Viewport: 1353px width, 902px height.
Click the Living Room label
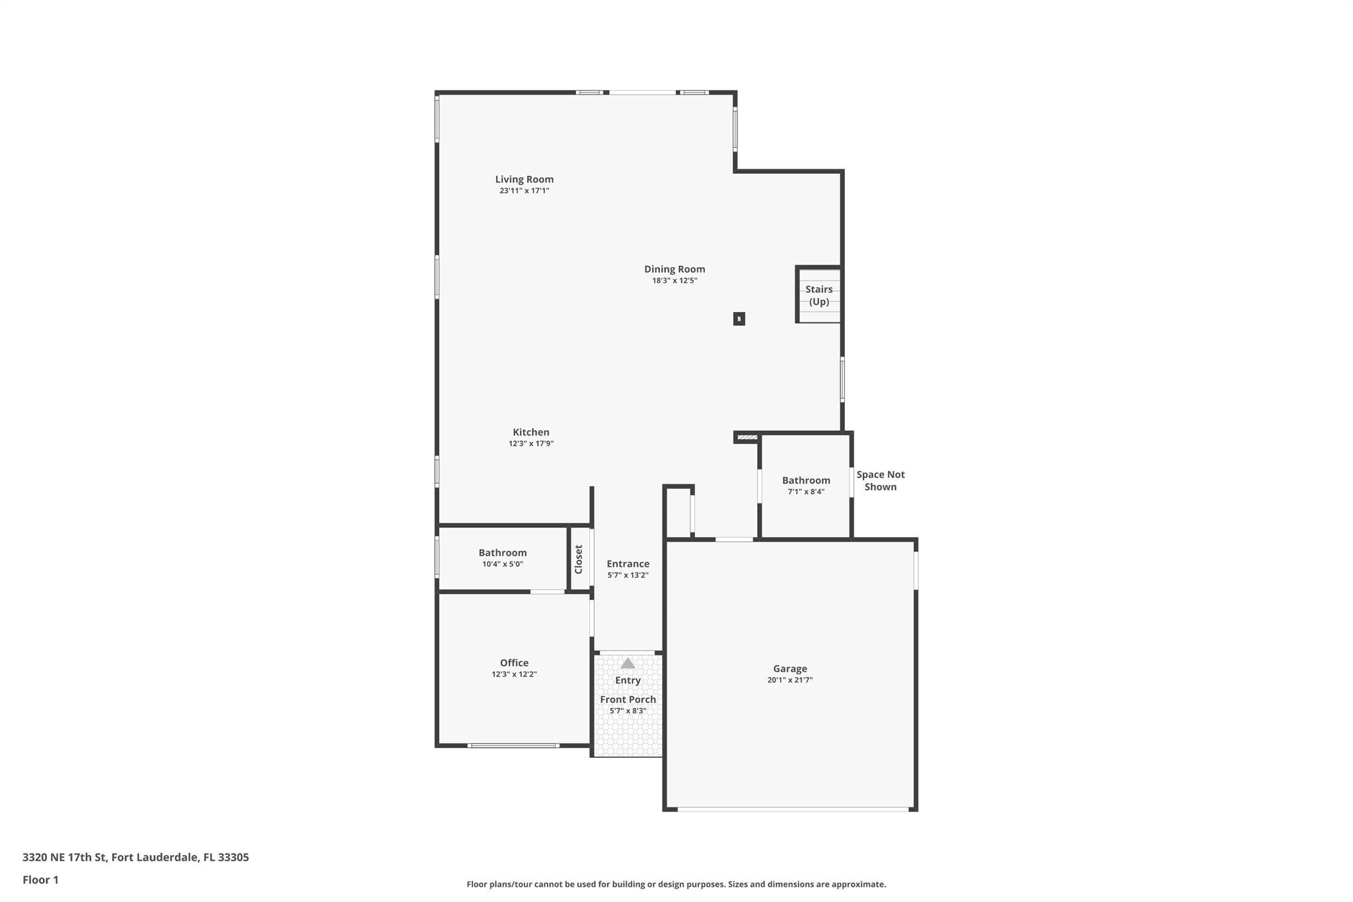click(525, 179)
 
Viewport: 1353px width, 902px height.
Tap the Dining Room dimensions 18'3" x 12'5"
click(675, 280)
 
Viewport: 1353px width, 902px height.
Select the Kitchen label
click(531, 432)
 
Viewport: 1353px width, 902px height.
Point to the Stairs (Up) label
click(819, 295)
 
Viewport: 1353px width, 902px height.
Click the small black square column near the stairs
click(739, 319)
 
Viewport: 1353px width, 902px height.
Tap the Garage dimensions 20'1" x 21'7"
click(790, 680)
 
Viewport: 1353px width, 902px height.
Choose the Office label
click(514, 663)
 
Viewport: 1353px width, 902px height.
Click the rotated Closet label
click(579, 559)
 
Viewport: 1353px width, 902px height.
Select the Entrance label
click(628, 564)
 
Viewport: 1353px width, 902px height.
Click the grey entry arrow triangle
click(628, 663)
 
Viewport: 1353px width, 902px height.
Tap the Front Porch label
click(628, 699)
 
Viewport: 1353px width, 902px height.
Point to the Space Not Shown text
click(881, 480)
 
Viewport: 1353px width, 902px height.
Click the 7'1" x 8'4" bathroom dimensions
click(806, 492)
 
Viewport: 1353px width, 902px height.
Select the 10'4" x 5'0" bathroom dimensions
click(503, 564)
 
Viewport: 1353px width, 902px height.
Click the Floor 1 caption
click(40, 880)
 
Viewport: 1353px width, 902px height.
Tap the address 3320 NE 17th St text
click(64, 857)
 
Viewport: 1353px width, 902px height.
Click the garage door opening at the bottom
click(793, 809)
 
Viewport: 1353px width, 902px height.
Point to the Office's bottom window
click(513, 745)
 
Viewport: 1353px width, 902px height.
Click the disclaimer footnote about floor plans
click(676, 884)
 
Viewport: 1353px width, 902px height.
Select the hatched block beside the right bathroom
click(747, 437)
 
